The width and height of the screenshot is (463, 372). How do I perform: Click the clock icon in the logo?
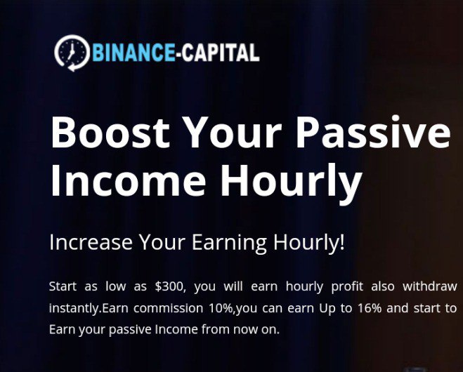pyautogui.click(x=72, y=53)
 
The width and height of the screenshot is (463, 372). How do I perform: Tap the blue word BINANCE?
pyautogui.click(x=133, y=52)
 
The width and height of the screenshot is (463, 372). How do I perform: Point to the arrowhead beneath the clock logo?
pyautogui.click(x=72, y=67)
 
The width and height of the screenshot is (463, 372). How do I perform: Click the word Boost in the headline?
pyautogui.click(x=110, y=132)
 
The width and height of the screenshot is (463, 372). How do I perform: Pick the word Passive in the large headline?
pyautogui.click(x=373, y=132)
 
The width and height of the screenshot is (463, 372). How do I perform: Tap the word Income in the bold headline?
pyautogui.click(x=128, y=180)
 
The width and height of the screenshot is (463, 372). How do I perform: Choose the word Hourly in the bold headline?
pyautogui.click(x=291, y=183)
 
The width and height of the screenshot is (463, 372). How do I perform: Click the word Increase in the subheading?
pyautogui.click(x=91, y=242)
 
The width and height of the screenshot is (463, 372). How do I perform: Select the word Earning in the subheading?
pyautogui.click(x=229, y=244)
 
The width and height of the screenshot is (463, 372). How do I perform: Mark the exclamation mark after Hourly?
pyautogui.click(x=342, y=241)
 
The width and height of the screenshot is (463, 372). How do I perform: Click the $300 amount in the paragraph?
pyautogui.click(x=170, y=286)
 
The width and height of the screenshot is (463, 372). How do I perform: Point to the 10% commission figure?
pyautogui.click(x=221, y=308)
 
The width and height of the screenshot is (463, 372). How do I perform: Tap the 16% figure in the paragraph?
pyautogui.click(x=370, y=308)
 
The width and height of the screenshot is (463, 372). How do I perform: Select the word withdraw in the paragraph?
pyautogui.click(x=430, y=286)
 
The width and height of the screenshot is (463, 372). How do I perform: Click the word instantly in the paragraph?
pyautogui.click(x=75, y=309)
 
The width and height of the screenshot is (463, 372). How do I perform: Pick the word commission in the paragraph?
pyautogui.click(x=169, y=308)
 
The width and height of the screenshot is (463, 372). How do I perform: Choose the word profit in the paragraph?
pyautogui.click(x=347, y=287)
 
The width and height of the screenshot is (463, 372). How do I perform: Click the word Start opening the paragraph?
pyautogui.click(x=63, y=286)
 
